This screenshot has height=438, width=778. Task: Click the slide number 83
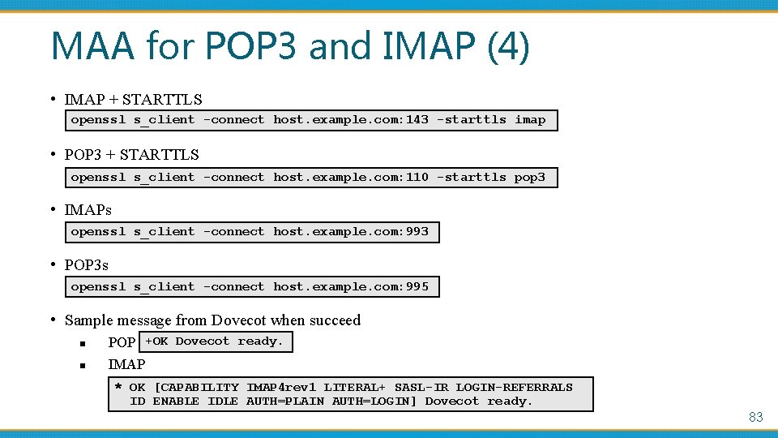755,417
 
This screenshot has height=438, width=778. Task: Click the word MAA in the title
92,46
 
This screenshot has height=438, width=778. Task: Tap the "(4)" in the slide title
508,46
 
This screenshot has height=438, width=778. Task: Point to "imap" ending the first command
530,120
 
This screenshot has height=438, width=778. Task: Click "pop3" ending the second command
530,178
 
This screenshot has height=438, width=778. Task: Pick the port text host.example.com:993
351,232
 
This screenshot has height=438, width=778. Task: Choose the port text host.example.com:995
351,287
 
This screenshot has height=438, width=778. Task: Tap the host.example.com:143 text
351,120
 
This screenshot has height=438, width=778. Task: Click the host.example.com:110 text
351,178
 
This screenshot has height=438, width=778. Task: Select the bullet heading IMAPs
88,210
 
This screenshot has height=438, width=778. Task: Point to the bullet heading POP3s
87,265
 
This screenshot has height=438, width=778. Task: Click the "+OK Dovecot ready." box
215,341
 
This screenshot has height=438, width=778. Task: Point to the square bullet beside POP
83,343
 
